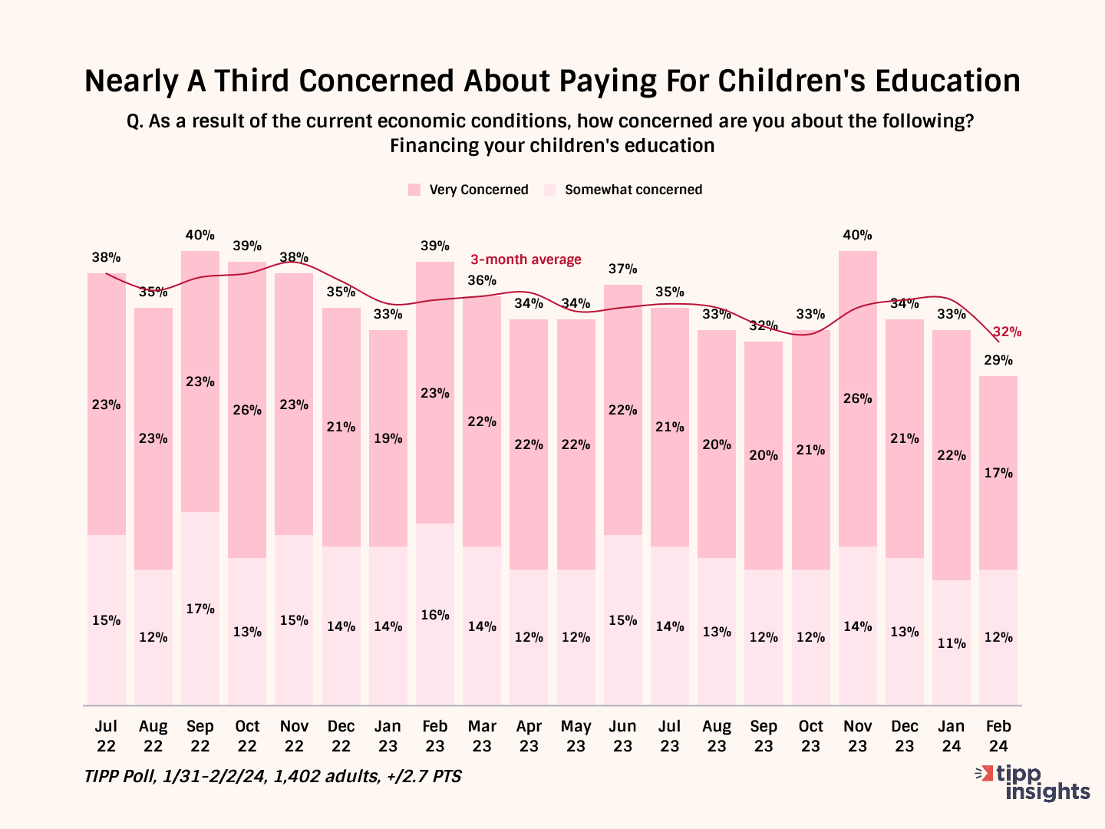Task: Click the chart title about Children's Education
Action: click(x=552, y=81)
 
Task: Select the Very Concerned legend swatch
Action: click(x=414, y=190)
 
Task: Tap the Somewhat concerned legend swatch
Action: click(x=549, y=190)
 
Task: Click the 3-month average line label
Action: click(x=526, y=259)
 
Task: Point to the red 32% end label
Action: click(x=1007, y=332)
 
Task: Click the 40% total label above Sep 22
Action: click(x=200, y=235)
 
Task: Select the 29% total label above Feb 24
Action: click(x=998, y=360)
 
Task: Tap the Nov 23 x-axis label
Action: click(x=857, y=735)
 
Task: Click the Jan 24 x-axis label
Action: click(x=952, y=735)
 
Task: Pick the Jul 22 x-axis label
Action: click(x=106, y=735)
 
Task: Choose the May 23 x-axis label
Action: click(x=576, y=735)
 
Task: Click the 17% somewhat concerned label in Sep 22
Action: click(x=200, y=609)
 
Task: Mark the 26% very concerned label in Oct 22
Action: click(x=247, y=410)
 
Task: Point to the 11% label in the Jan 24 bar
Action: click(x=952, y=643)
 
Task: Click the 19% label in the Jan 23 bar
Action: click(x=388, y=438)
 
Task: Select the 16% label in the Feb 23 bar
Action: click(x=435, y=615)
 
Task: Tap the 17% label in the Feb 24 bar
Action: click(x=998, y=473)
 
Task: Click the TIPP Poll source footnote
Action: click(x=272, y=776)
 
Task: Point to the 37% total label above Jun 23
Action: click(x=622, y=269)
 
